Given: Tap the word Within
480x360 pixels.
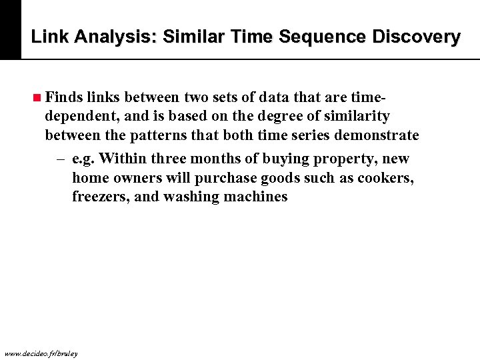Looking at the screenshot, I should click(x=127, y=159).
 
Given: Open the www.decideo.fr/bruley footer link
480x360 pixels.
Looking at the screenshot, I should click(x=41, y=353).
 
